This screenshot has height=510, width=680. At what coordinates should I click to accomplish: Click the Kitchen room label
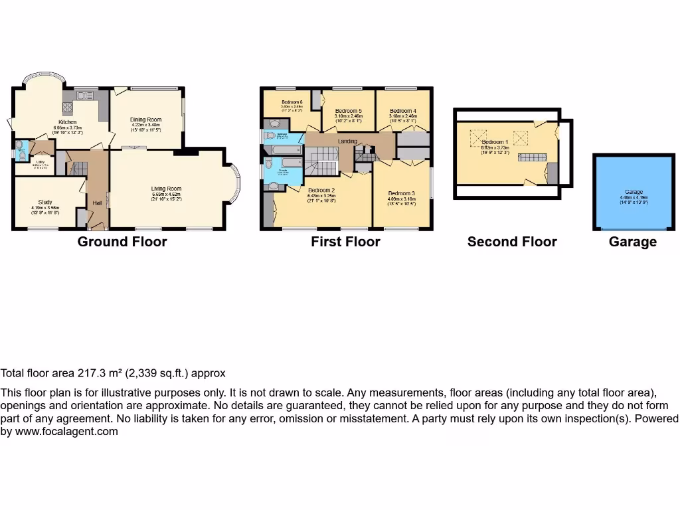pos(67,122)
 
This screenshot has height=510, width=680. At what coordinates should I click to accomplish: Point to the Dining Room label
pos(147,120)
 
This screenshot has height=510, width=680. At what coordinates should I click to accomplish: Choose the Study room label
pos(45,202)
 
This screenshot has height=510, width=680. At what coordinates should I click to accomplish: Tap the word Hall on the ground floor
pos(98,203)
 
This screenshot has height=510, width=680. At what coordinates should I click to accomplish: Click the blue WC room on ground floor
pos(21,148)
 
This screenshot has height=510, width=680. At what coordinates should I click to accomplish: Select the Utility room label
pos(41,161)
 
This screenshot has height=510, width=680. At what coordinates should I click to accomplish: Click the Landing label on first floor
pos(347,141)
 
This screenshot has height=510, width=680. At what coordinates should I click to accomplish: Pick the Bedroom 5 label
pos(348,111)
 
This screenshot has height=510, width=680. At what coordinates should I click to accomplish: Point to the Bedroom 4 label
pos(403,111)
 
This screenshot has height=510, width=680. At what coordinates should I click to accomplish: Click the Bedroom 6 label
pos(292,102)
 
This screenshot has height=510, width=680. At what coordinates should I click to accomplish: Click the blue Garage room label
pos(634,192)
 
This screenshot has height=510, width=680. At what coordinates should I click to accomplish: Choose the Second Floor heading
pos(512,242)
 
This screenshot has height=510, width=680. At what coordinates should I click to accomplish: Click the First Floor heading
pos(345,242)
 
